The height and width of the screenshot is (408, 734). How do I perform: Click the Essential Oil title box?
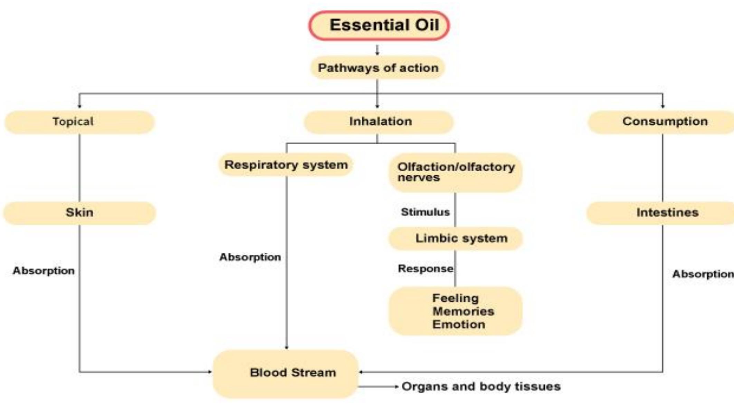pos(379,26)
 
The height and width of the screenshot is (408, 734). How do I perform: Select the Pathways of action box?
pos(378,68)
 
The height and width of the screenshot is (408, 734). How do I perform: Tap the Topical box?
pos(79,122)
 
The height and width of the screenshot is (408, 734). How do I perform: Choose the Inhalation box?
pos(379,122)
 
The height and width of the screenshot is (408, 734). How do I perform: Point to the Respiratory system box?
pos(286,165)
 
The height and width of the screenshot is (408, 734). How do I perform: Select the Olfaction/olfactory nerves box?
pos(455,172)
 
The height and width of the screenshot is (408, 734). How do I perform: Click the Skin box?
pos(79,213)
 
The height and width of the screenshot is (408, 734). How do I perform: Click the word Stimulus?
pos(425,212)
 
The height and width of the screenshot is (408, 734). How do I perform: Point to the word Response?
pos(425,269)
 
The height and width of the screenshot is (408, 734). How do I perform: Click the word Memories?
pos(463,311)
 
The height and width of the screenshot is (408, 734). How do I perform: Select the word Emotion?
pos(458,324)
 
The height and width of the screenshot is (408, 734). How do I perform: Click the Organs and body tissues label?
pos(480,387)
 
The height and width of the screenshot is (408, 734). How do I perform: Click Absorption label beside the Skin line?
pos(44,271)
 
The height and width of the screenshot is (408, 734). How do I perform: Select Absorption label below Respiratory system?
pos(250,257)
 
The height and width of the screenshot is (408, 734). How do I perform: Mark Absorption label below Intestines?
pos(703,274)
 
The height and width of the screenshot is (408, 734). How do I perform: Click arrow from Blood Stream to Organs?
pos(379,387)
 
